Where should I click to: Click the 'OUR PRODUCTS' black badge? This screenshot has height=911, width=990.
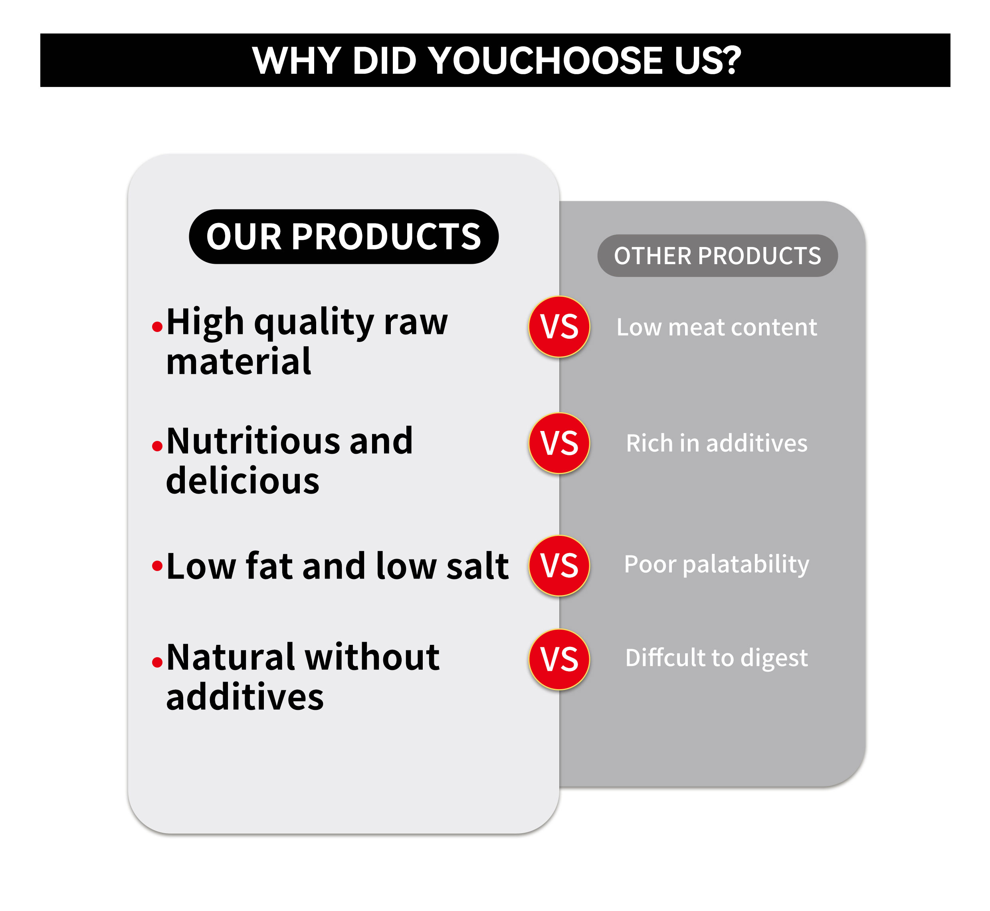click(x=344, y=237)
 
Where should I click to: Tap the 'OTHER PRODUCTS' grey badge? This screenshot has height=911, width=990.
click(x=717, y=255)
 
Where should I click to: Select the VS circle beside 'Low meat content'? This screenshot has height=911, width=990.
click(x=559, y=326)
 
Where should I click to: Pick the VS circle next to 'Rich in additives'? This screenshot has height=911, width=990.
click(x=559, y=443)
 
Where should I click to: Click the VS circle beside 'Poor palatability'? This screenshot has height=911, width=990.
click(x=559, y=565)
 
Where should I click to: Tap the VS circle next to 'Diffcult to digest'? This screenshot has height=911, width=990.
click(x=559, y=659)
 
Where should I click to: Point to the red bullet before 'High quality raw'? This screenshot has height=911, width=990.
click(x=157, y=326)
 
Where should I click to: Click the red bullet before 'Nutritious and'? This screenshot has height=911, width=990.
click(x=157, y=446)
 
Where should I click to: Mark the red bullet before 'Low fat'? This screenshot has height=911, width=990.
click(x=157, y=565)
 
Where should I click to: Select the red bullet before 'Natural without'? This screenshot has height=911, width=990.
click(x=157, y=662)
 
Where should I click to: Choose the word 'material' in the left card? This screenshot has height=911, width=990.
click(x=239, y=362)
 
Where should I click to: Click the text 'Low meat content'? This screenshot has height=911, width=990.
click(x=717, y=327)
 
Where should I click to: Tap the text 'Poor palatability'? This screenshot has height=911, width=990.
click(x=717, y=565)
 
